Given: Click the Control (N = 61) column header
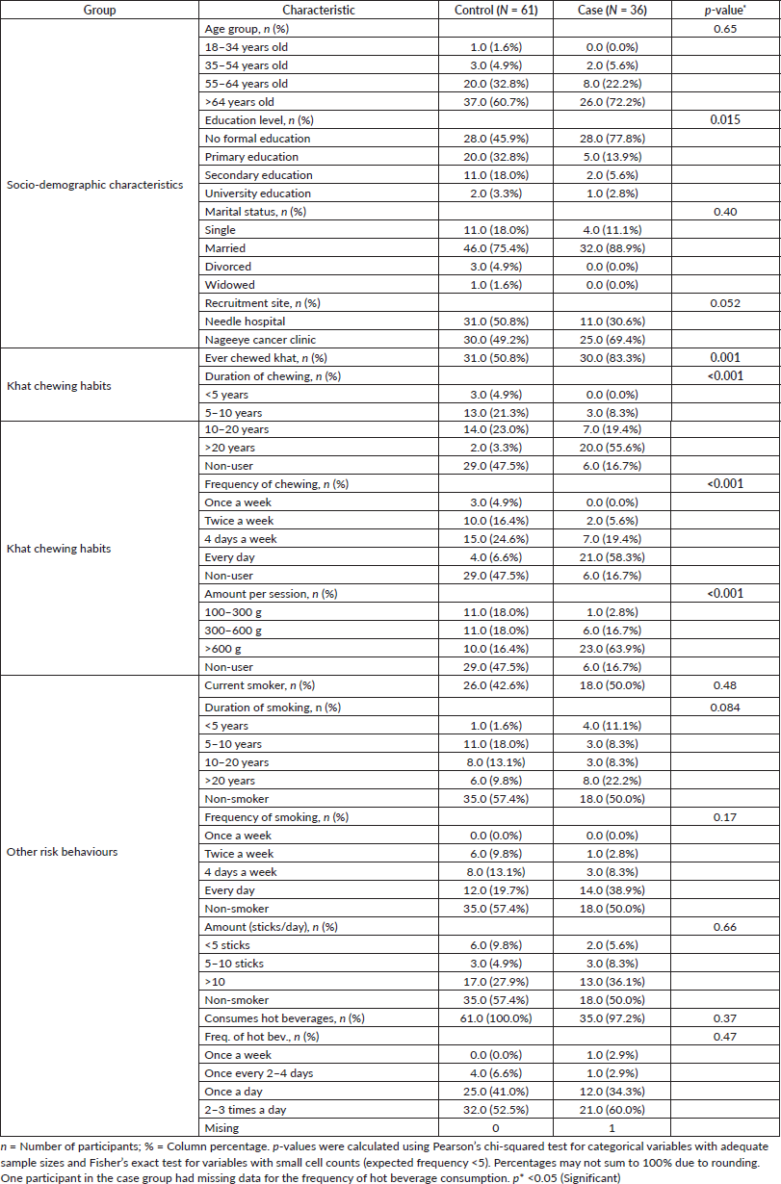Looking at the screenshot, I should point(495,10).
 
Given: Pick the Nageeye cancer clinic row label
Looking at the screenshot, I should point(260,339).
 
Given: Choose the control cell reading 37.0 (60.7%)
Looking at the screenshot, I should point(495,102).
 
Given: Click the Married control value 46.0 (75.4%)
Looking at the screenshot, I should point(495,248).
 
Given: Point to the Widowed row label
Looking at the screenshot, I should point(228,284).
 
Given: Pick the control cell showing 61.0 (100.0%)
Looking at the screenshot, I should point(495,1017).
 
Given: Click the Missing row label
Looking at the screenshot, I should point(222,1127).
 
